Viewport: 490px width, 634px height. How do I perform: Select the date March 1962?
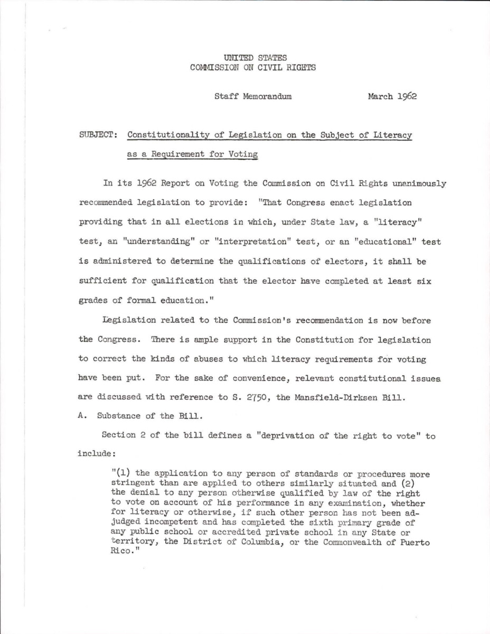391,97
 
